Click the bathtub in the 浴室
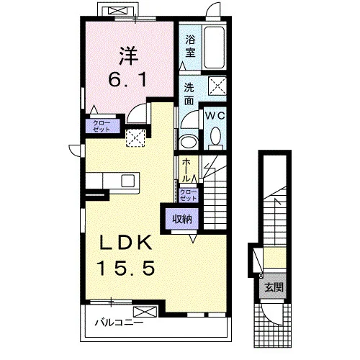(x=215, y=48)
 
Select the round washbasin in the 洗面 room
(x=189, y=143)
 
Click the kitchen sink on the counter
(x=128, y=181)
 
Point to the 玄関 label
(x=274, y=287)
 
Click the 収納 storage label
(x=183, y=219)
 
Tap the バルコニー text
(x=120, y=323)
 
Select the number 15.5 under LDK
(x=125, y=268)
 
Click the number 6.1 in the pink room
(x=127, y=80)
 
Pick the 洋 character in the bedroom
(x=129, y=57)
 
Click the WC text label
(x=215, y=116)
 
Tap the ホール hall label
(x=186, y=170)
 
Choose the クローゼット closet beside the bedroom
(x=102, y=126)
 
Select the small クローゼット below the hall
(x=189, y=195)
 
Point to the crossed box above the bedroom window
(x=117, y=11)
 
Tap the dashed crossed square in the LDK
(x=136, y=138)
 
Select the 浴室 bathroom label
(x=190, y=46)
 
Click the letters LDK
(x=125, y=243)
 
